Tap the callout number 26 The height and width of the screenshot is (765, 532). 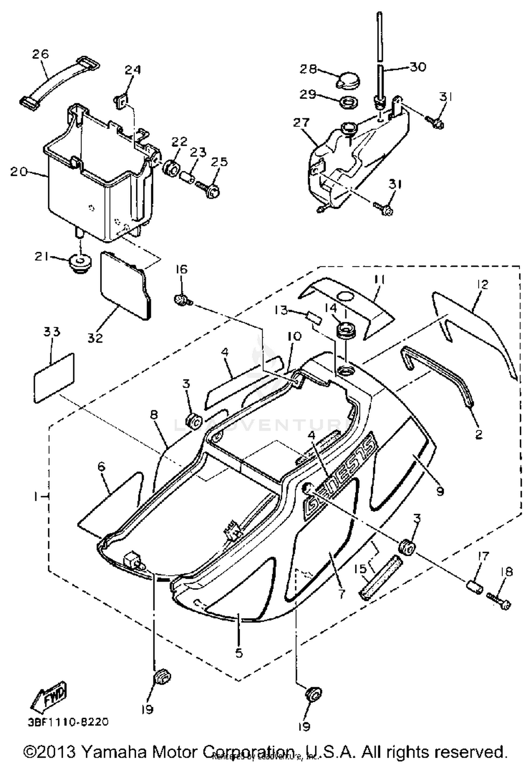[x=40, y=54]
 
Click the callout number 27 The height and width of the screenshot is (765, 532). [x=301, y=123]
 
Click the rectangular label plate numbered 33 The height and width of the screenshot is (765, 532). [x=54, y=378]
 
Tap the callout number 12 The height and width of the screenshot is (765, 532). [x=483, y=285]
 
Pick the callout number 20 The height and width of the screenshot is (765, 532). [x=18, y=172]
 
